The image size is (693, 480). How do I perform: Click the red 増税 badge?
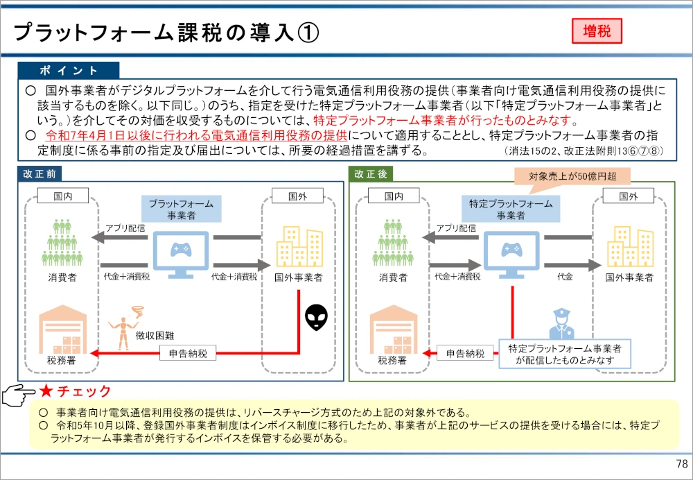[596, 31]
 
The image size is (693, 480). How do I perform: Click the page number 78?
[681, 464]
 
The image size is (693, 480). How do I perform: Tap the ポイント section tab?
[69, 71]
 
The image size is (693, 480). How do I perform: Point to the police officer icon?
[561, 325]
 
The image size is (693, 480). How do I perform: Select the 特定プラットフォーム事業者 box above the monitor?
[511, 209]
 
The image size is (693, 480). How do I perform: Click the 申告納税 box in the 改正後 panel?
[465, 354]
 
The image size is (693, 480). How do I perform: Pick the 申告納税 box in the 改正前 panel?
[188, 354]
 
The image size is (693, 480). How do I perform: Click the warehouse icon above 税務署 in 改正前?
[63, 329]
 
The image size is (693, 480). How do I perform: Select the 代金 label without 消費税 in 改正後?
[565, 277]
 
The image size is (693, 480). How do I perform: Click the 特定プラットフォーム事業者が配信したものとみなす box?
[564, 354]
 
